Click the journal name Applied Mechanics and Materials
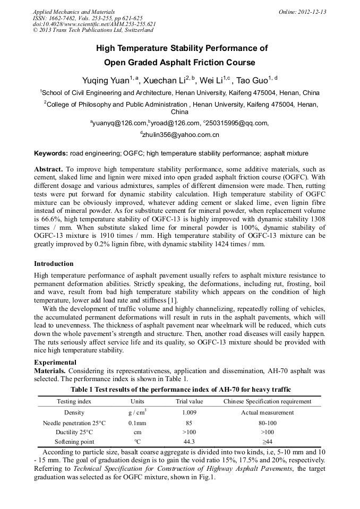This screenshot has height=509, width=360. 73,12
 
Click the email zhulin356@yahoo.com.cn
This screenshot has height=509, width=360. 181,135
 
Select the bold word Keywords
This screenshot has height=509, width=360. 50,153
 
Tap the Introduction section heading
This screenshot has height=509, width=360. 54,264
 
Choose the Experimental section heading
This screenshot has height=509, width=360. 55,363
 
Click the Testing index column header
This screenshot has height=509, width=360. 74,401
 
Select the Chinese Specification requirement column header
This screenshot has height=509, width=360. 267,401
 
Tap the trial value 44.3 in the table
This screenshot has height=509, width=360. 189,442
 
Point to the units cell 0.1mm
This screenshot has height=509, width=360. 137,423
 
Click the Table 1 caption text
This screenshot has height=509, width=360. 180,390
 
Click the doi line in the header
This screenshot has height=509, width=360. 94,24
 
